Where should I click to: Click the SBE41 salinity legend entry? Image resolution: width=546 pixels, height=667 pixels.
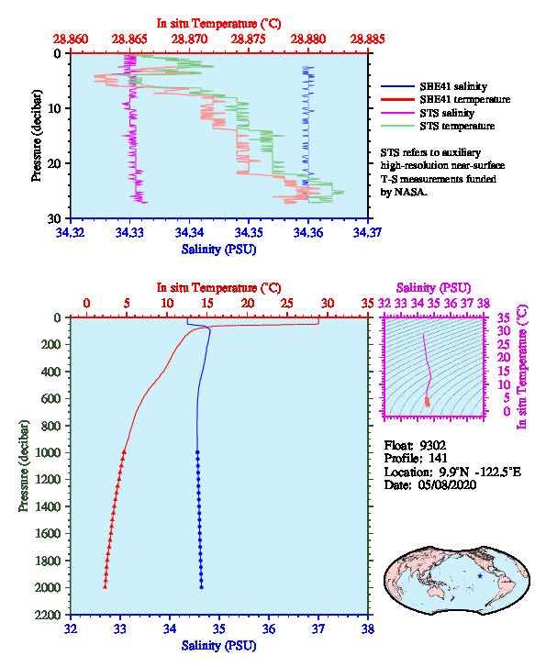pyautogui.click(x=434, y=86)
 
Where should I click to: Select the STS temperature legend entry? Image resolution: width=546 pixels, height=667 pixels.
pyautogui.click(x=438, y=126)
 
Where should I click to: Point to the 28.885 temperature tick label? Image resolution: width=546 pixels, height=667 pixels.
pyautogui.click(x=367, y=39)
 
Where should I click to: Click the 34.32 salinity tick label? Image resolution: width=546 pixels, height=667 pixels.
pyautogui.click(x=71, y=232)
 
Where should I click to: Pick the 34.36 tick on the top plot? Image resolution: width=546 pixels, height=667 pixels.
pyautogui.click(x=308, y=232)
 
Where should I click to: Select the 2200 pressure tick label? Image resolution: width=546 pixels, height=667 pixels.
pyautogui.click(x=48, y=615)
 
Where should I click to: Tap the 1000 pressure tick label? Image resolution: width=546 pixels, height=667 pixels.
pyautogui.click(x=48, y=452)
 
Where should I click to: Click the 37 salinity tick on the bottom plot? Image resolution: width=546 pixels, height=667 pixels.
pyautogui.click(x=318, y=628)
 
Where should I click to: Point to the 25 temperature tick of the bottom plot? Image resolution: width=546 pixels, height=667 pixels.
pyautogui.click(x=287, y=304)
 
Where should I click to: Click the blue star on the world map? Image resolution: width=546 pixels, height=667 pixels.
pyautogui.click(x=480, y=576)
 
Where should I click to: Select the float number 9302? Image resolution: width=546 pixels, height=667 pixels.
pyautogui.click(x=433, y=445)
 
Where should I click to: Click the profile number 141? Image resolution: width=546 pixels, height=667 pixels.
pyautogui.click(x=438, y=458)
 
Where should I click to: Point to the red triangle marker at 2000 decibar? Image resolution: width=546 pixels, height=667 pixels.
pyautogui.click(x=106, y=587)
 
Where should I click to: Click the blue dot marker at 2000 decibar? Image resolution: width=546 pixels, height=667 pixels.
pyautogui.click(x=201, y=587)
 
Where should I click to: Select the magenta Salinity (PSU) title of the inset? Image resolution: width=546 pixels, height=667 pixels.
pyautogui.click(x=434, y=288)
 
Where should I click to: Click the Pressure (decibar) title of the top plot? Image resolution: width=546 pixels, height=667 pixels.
pyautogui.click(x=37, y=136)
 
